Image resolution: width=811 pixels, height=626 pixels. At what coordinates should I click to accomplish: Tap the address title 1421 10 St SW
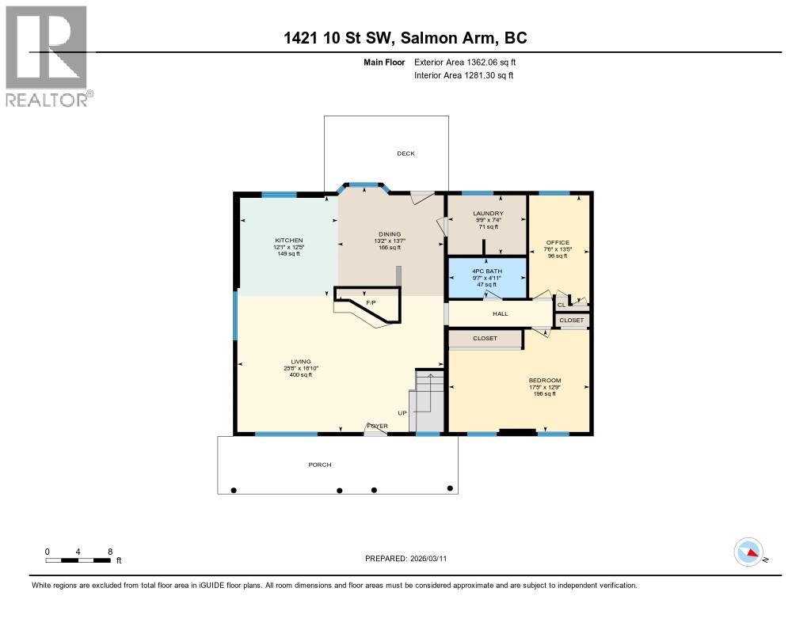point(405,37)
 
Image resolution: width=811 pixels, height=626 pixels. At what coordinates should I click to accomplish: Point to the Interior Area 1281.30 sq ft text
point(463,75)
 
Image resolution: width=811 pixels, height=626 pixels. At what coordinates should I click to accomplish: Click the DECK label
point(405,154)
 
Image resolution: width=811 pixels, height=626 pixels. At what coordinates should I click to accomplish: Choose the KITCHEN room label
point(289,241)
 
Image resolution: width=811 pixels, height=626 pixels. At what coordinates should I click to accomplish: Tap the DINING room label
point(389,234)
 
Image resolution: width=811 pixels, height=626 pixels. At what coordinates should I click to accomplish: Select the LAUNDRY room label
point(488,214)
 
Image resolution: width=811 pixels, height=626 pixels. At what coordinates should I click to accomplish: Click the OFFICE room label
point(558,242)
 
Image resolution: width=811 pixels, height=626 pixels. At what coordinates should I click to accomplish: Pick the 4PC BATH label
point(486,271)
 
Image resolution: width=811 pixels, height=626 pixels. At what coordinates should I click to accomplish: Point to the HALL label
point(500,313)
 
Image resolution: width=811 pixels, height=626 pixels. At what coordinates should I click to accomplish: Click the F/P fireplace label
point(370,303)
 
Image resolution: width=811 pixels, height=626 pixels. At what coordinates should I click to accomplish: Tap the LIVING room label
point(300,361)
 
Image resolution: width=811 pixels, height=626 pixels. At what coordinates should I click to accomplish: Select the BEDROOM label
point(545,381)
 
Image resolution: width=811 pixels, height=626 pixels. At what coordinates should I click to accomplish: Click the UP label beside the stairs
point(402,413)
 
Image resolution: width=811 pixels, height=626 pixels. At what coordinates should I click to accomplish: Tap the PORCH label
point(320,465)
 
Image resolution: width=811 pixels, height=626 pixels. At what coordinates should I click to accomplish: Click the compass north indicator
point(749,552)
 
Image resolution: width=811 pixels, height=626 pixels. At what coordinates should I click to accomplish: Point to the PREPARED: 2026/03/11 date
point(405,558)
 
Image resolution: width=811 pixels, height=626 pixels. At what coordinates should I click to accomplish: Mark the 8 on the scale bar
point(110,551)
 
